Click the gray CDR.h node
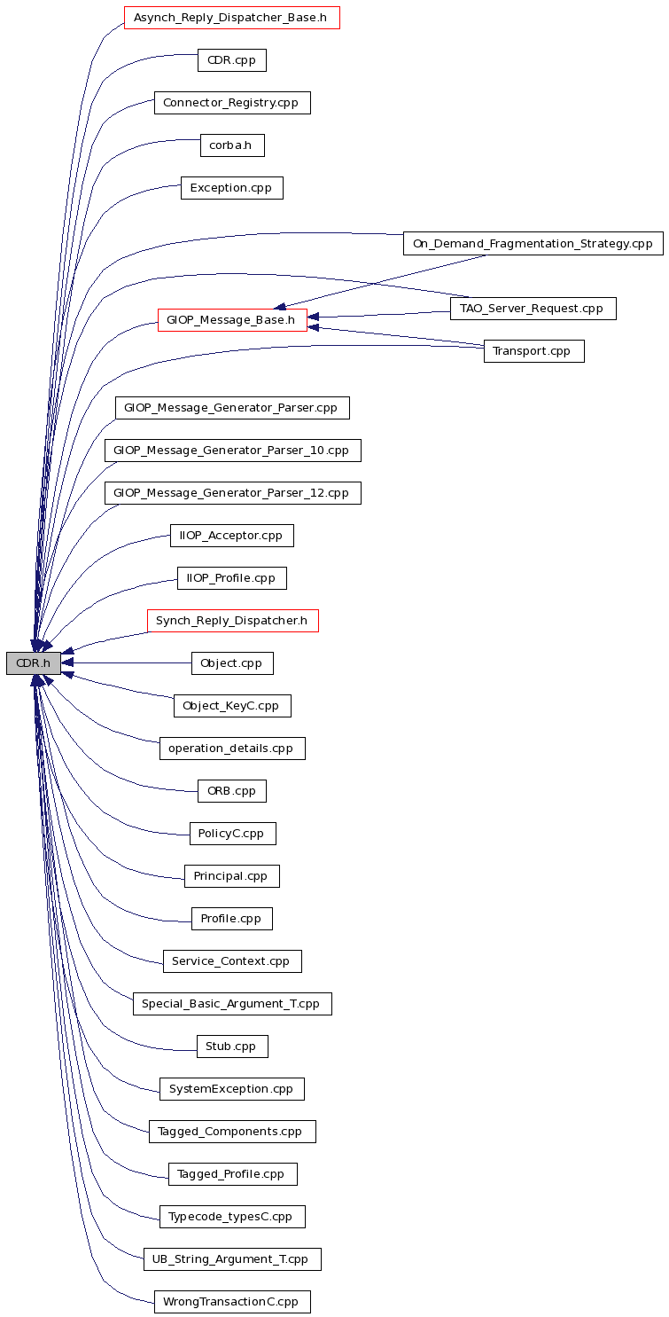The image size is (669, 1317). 34,663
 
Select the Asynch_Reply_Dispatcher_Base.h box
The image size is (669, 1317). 231,18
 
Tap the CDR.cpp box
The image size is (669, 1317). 232,60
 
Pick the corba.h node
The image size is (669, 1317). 232,145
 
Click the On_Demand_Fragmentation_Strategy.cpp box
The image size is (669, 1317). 533,243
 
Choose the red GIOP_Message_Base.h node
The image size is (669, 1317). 232,320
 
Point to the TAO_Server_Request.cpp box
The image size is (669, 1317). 533,309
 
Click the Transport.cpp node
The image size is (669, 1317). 534,351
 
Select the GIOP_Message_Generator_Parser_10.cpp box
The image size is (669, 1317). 232,451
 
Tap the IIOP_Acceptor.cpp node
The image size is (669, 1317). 232,536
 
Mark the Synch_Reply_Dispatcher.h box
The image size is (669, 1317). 232,621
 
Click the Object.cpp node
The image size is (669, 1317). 232,663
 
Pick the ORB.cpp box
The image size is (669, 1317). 232,791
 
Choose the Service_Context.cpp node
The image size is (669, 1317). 232,961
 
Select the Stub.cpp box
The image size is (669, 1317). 232,1047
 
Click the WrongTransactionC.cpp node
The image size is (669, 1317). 232,1302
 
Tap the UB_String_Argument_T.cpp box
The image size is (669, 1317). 232,1259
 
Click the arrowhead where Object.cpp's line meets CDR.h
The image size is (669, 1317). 66,663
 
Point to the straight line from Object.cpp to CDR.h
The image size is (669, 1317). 127,663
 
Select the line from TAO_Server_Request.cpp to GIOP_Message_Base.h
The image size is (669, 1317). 379,315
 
